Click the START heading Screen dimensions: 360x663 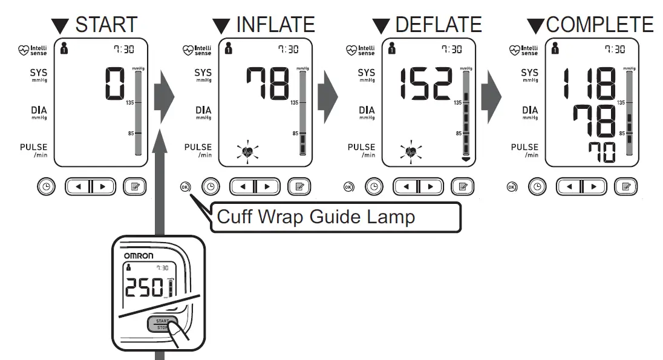(106, 24)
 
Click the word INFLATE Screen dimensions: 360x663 (275, 24)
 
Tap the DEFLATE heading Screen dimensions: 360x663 (438, 24)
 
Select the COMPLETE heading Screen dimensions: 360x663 (599, 24)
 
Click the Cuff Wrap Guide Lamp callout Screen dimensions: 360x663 (316, 217)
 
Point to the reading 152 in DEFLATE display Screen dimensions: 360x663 (425, 83)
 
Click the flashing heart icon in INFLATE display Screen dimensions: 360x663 (247, 152)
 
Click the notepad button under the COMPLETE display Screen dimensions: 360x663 (625, 187)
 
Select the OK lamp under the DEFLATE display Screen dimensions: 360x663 (348, 187)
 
